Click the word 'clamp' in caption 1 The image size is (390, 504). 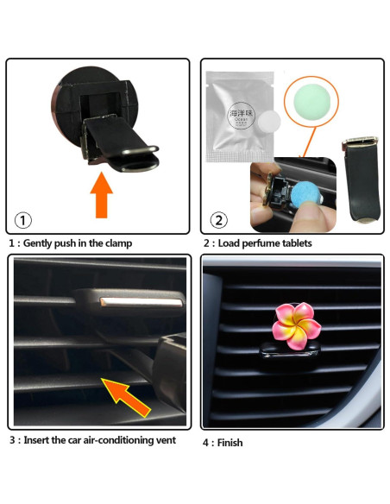(x=117, y=243)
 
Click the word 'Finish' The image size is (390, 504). (x=229, y=443)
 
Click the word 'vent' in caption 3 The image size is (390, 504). (x=165, y=440)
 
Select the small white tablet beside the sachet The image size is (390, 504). (x=271, y=121)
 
